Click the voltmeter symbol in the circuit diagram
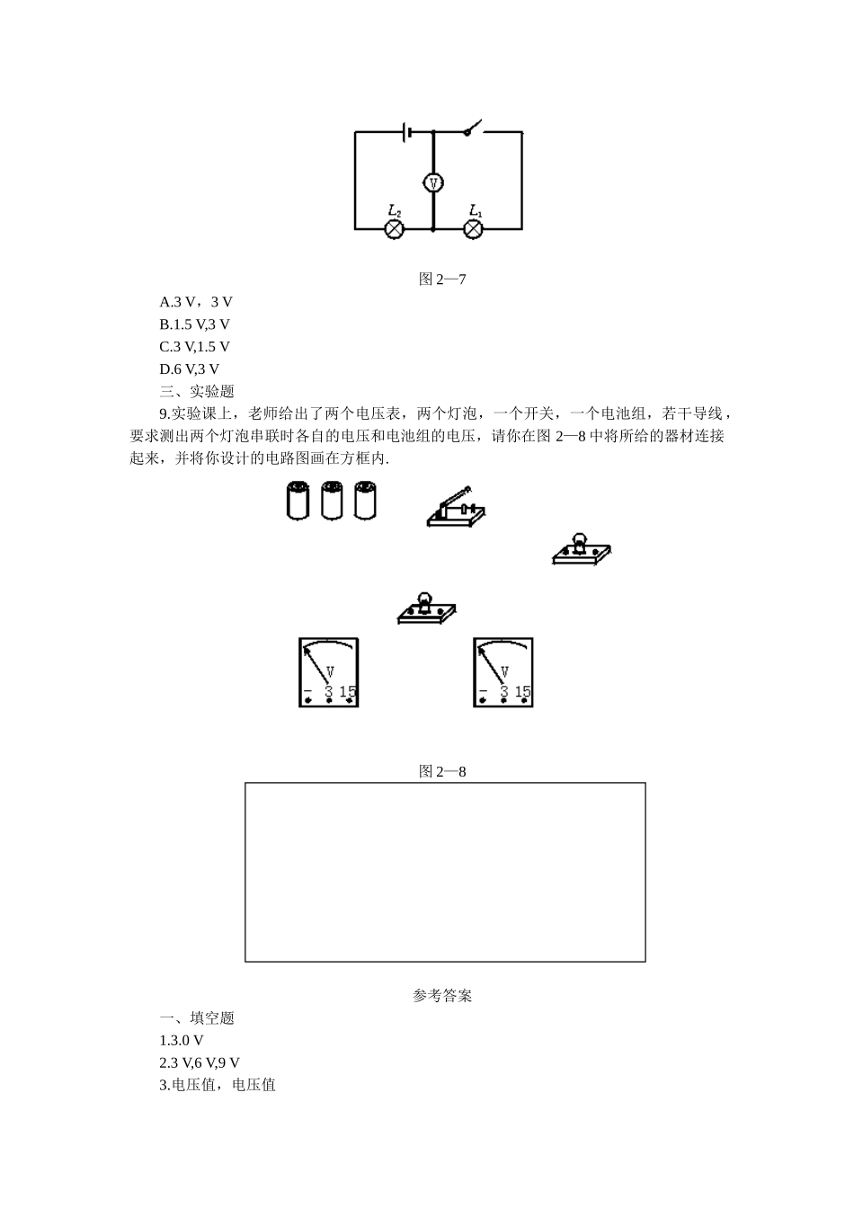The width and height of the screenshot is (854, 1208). tap(433, 182)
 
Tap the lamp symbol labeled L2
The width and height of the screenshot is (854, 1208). tap(394, 229)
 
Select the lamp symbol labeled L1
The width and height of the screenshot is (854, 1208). tap(474, 229)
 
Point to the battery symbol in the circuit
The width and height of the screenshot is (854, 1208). tap(409, 132)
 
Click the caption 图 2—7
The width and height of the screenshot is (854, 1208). tap(442, 279)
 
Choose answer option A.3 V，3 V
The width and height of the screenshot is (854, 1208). tap(196, 302)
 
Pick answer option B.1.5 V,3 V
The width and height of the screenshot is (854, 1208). tap(195, 324)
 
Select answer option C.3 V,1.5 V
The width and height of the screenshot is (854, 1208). tap(195, 346)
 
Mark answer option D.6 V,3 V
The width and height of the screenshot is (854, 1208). tap(190, 369)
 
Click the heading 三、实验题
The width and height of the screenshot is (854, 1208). tap(197, 391)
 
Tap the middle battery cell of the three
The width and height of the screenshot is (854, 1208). tap(332, 501)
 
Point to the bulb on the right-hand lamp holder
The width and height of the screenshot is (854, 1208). tap(580, 542)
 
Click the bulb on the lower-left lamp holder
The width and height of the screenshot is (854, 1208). tap(424, 600)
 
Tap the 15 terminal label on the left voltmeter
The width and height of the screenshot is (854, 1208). tap(348, 692)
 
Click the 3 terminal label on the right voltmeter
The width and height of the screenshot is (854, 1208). tap(504, 692)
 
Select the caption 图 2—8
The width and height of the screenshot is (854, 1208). tap(442, 771)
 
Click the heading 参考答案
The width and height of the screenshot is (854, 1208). tap(442, 996)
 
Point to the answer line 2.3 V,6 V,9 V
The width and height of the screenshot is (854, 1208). tap(200, 1062)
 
